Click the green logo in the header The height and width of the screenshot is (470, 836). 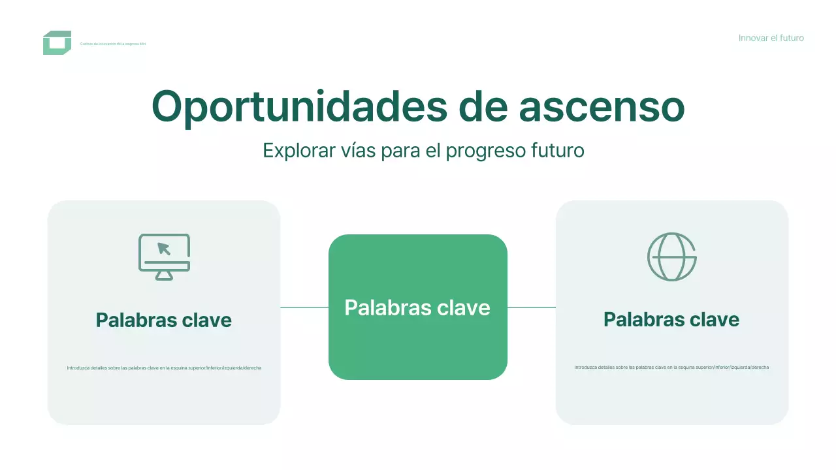57,43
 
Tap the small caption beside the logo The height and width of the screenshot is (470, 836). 113,44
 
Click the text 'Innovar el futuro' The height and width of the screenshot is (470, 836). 771,38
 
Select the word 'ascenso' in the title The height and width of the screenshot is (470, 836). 602,107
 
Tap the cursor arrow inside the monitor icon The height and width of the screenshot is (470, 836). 164,249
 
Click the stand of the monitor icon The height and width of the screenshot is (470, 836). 164,275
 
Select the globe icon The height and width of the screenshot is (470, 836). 671,257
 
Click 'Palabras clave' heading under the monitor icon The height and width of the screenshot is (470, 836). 164,320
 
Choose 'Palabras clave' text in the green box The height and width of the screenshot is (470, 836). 417,307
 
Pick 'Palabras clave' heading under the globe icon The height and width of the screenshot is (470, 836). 671,319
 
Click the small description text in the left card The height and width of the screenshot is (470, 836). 164,368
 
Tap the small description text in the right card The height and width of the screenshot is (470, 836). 671,368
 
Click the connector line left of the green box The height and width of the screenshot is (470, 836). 304,307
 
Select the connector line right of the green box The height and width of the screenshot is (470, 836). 532,307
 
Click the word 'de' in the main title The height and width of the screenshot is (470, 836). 483,107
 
